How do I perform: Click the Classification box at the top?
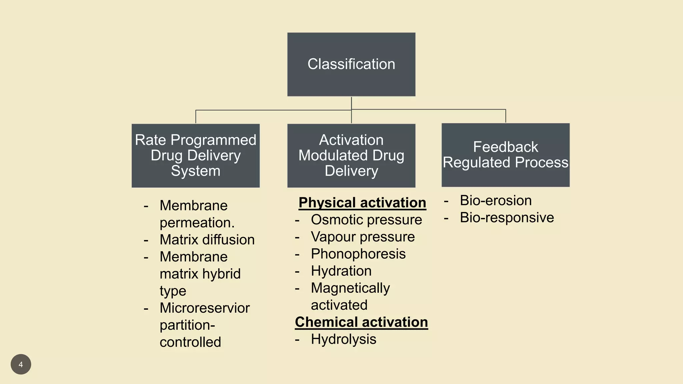[351, 64]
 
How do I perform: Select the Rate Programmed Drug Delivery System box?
[195, 156]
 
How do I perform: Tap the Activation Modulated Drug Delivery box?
[351, 156]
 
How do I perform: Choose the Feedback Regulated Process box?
[505, 155]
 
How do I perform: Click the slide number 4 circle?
[21, 364]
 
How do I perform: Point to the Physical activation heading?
[362, 203]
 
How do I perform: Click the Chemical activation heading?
[361, 322]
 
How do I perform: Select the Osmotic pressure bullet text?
[366, 220]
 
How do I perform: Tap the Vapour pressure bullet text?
[363, 237]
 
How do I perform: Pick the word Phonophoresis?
[358, 254]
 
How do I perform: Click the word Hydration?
[341, 271]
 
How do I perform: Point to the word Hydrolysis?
[344, 339]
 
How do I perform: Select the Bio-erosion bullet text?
[496, 201]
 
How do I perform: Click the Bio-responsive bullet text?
[507, 218]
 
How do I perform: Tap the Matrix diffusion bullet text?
[207, 240]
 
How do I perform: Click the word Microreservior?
[204, 308]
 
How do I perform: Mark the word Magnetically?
[350, 288]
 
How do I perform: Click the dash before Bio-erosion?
[446, 201]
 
